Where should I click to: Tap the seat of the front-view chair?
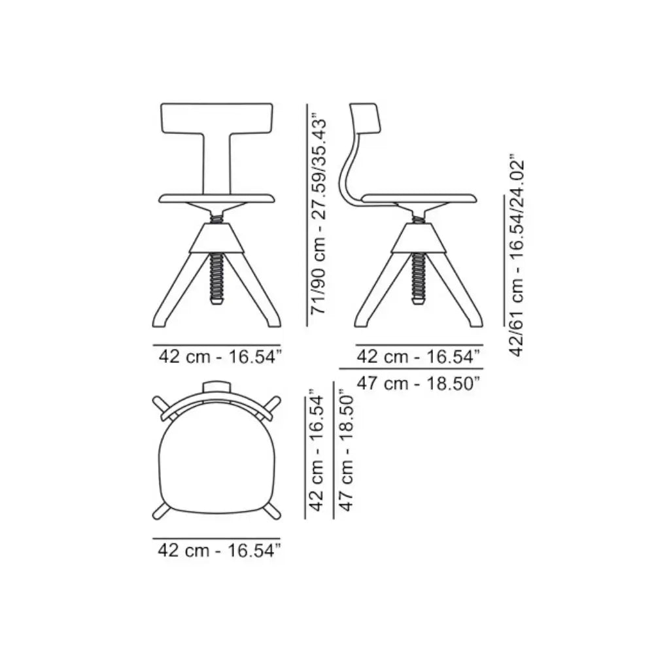[x=216, y=199]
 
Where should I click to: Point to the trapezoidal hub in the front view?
[x=216, y=238]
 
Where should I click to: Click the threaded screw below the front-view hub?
[x=216, y=279]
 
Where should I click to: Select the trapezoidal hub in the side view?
[x=419, y=238]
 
